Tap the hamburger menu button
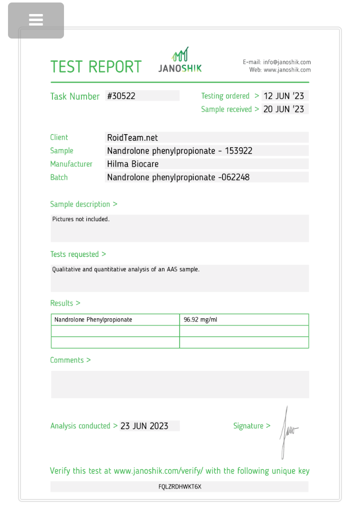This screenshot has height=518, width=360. coord(36,20)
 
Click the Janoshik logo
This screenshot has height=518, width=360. coord(180,61)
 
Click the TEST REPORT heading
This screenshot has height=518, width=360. coord(96,67)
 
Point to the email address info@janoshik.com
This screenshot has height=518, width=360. coord(287,62)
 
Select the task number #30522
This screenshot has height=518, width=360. coord(121,96)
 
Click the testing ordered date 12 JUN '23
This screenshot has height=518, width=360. coord(283,96)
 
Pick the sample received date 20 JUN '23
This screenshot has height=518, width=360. coord(283,109)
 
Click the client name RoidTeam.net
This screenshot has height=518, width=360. coord(132,137)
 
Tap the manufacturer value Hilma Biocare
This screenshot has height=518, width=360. coord(132,164)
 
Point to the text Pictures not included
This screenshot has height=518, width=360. coord(81,219)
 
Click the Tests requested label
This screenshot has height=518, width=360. coord(78,254)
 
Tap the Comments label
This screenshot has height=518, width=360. coord(70,360)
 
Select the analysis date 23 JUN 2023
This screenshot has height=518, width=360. coord(144,426)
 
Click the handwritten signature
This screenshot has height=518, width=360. coord(288,431)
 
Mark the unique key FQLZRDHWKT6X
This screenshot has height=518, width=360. coord(180,486)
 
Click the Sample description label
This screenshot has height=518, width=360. coord(83,204)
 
